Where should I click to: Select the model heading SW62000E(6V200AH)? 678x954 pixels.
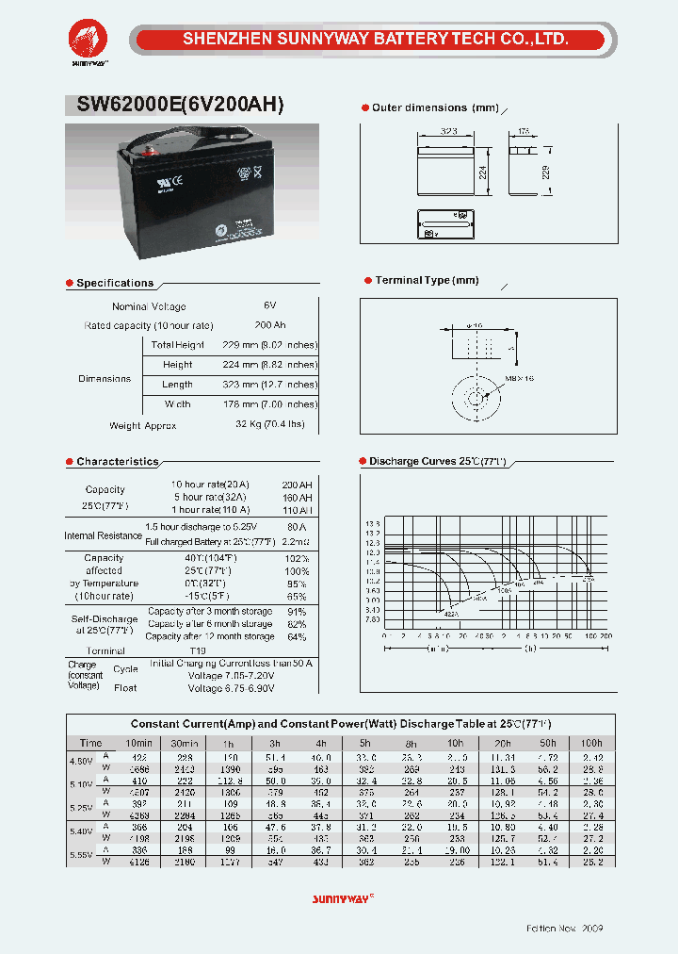[x=174, y=106]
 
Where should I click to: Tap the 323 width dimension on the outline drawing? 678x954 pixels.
[x=448, y=132]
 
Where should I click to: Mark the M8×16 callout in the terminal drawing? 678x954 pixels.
[x=519, y=377]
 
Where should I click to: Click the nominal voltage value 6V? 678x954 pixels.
[x=270, y=306]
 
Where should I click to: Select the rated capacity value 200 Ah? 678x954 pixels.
[x=270, y=325]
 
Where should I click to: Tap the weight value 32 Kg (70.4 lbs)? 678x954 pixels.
[x=270, y=425]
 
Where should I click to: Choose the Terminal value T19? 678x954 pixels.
[x=197, y=651]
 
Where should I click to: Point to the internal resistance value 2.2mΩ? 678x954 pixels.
[x=297, y=542]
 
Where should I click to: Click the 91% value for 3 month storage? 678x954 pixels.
[x=297, y=611]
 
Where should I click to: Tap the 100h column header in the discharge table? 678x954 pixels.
[x=591, y=744]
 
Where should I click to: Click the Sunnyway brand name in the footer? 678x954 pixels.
[x=341, y=900]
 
